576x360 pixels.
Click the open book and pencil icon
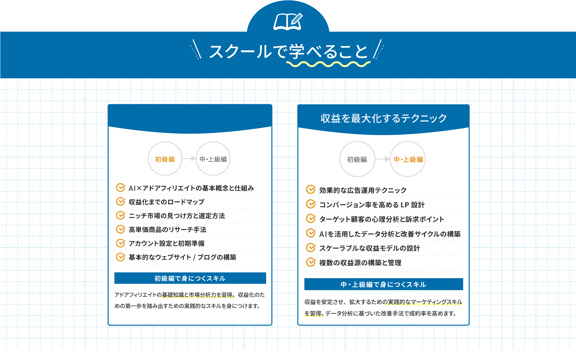(x=288, y=21)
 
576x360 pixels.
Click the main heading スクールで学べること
(x=288, y=52)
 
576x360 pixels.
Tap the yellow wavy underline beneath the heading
(x=328, y=64)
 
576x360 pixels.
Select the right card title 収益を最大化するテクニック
(x=384, y=118)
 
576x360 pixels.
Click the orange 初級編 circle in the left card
(x=165, y=159)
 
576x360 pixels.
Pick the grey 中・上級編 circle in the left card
(x=213, y=159)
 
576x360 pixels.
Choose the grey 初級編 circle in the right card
(x=357, y=159)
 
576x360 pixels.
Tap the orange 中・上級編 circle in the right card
(x=408, y=159)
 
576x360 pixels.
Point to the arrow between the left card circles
(x=189, y=159)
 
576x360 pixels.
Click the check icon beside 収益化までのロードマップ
(x=120, y=201)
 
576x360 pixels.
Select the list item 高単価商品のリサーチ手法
(x=167, y=229)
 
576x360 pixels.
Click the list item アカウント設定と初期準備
(x=166, y=243)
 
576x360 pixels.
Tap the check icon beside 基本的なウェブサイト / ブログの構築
(x=120, y=257)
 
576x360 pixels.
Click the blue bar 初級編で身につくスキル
(x=190, y=278)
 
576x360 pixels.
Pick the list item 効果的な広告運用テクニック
(x=363, y=190)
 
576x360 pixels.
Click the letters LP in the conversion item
(x=405, y=205)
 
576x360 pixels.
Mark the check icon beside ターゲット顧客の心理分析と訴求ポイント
(x=311, y=219)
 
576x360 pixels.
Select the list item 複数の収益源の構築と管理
(x=360, y=263)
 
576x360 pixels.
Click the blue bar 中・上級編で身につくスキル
(x=384, y=284)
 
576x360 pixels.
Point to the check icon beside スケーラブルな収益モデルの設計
(x=311, y=247)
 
